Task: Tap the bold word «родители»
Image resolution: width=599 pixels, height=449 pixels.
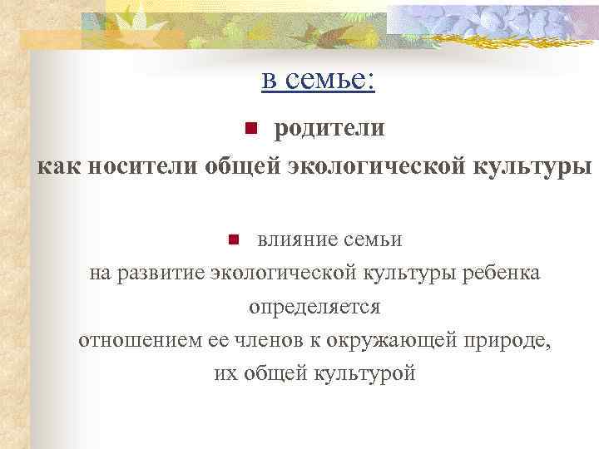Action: point(329,129)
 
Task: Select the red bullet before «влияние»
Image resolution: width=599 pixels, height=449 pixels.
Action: point(234,240)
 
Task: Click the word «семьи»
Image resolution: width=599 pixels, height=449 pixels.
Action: point(374,240)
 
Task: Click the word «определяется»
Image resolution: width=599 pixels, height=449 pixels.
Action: point(314,307)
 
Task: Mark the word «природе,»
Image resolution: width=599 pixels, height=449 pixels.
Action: point(510,340)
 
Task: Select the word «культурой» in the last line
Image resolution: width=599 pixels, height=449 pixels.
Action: point(363,373)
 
